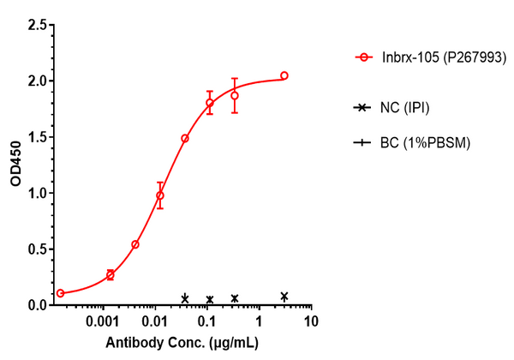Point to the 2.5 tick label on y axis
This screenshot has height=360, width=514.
pos(39,26)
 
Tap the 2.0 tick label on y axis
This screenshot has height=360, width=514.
pos(39,81)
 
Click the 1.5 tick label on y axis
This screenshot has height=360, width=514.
pos(39,137)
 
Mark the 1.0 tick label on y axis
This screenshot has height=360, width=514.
pos(39,193)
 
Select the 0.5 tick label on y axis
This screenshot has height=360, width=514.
pos(39,249)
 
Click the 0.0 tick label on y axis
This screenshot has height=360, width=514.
pos(39,304)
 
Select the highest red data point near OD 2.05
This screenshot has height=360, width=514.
pos(284,75)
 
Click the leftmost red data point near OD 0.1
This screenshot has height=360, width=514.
pos(60,293)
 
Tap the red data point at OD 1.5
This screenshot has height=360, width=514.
pos(185,138)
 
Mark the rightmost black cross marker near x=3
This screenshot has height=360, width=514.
pos(284,297)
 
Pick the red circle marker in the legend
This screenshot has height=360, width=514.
pos(366,57)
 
